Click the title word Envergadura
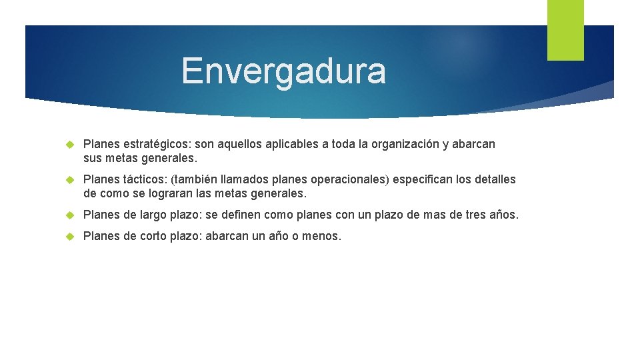point(283,71)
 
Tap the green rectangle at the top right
point(565,30)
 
